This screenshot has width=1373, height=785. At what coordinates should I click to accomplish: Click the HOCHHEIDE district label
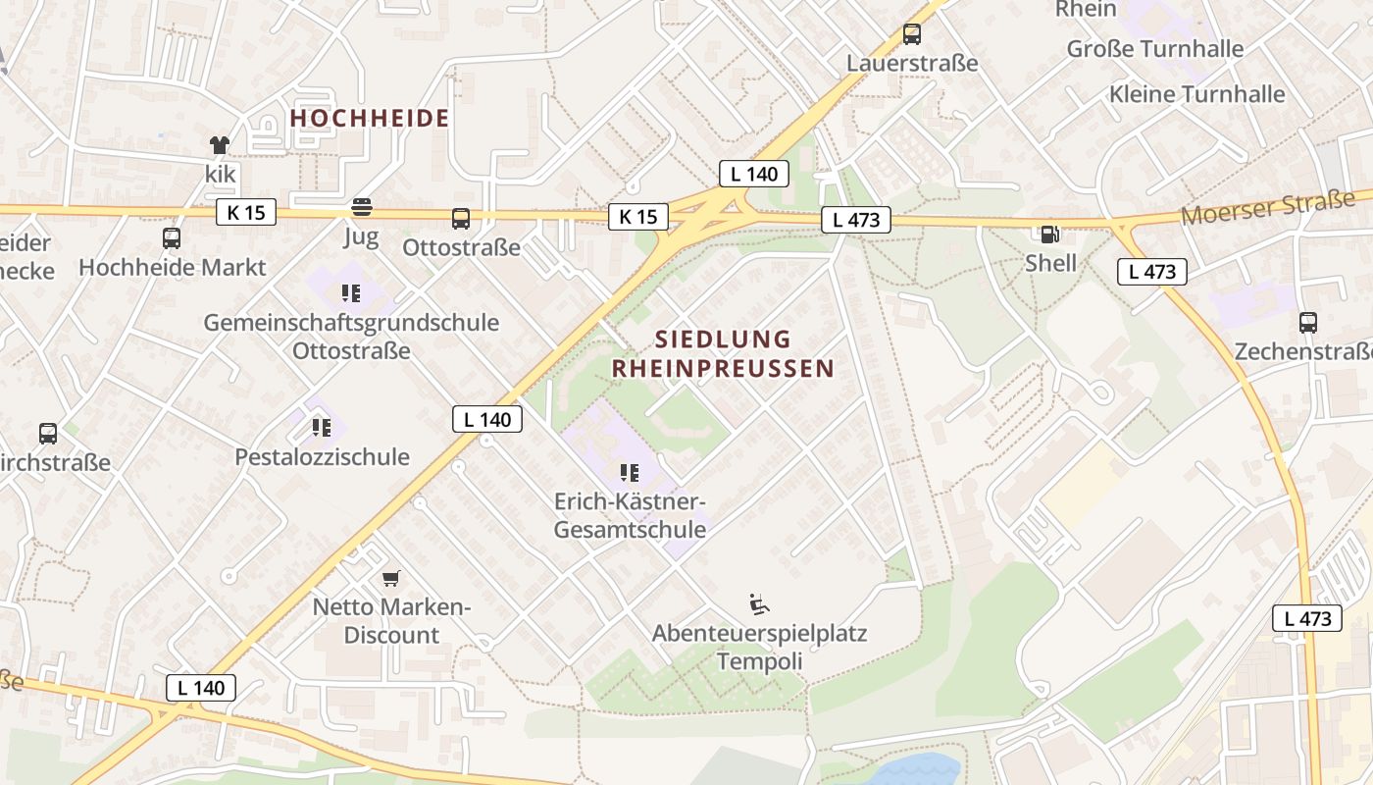370,119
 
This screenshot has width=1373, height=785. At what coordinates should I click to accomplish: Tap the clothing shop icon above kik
220,145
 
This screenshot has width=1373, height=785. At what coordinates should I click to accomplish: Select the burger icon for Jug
362,207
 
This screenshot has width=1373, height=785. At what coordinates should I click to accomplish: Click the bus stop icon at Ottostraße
461,218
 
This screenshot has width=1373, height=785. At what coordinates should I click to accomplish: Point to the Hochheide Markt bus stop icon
172,237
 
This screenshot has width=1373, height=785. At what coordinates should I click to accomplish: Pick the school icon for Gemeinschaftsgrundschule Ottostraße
351,292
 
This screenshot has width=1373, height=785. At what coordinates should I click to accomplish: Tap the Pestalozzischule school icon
322,427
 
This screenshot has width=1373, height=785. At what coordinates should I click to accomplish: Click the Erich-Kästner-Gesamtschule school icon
630,473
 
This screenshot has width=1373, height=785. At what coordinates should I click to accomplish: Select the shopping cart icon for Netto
391,578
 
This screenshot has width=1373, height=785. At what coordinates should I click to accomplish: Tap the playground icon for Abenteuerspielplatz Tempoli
758,602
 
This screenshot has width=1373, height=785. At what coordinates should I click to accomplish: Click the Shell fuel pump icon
1049,234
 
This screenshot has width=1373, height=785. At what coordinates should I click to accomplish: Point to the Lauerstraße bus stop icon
912,34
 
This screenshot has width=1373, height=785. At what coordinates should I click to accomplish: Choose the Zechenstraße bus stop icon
1307,322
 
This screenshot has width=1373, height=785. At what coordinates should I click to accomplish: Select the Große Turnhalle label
1154,48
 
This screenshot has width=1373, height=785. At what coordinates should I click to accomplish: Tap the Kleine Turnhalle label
1196,94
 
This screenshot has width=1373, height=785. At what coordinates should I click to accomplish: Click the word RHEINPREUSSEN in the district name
723,369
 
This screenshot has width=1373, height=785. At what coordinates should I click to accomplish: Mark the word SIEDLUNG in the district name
723,340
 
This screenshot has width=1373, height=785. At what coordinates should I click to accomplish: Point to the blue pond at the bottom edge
912,770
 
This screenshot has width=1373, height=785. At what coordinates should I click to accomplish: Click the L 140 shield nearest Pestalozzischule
487,419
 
